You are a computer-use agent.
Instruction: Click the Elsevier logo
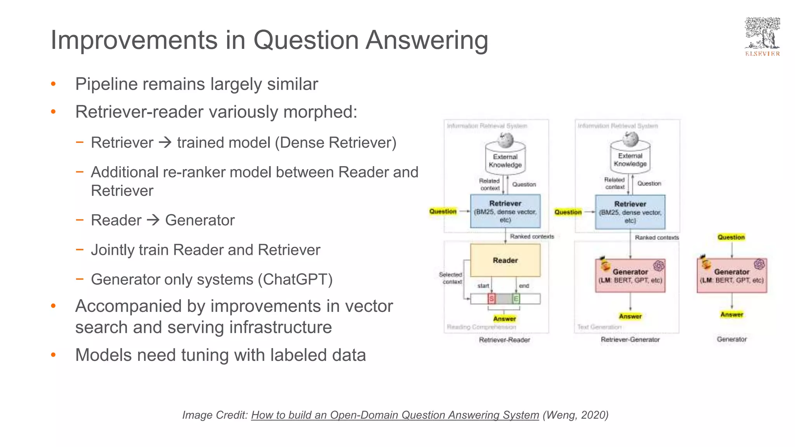click(x=762, y=37)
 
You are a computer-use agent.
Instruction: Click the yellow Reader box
click(x=505, y=260)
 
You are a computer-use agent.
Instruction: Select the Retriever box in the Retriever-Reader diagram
click(x=505, y=211)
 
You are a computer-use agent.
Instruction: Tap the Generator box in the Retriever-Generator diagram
click(x=630, y=276)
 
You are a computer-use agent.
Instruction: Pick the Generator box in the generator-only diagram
click(x=732, y=276)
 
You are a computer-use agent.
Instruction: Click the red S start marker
click(x=491, y=299)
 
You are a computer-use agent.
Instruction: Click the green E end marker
click(x=516, y=299)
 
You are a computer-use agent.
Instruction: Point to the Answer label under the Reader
click(x=504, y=319)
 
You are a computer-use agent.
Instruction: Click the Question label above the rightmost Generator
click(x=731, y=237)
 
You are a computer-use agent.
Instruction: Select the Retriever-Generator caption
click(x=630, y=340)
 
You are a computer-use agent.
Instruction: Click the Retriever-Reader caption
click(x=504, y=340)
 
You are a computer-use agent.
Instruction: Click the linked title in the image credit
click(x=395, y=415)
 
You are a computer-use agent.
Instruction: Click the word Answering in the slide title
click(x=427, y=40)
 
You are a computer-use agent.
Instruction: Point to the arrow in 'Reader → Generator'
click(x=153, y=220)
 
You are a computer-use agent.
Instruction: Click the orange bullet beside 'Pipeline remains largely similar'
click(x=54, y=84)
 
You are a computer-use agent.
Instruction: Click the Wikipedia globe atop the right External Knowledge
click(x=630, y=139)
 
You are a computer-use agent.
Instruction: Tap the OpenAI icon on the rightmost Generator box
click(x=759, y=264)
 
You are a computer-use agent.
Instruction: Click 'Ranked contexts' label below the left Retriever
click(x=532, y=236)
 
